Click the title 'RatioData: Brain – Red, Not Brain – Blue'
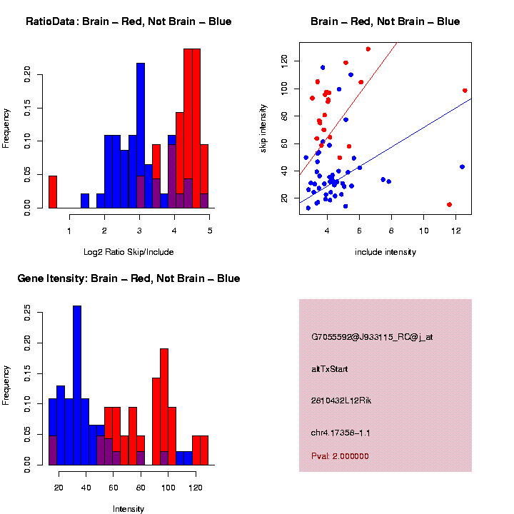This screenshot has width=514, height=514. pos(128,21)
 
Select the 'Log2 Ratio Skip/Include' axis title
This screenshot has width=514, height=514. pos(128,251)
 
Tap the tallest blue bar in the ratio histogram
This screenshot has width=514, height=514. pos(141,136)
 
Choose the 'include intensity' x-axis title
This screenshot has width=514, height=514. pos(385,251)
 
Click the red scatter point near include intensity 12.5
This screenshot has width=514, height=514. pos(465,91)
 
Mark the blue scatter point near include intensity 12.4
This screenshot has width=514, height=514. pos(462,166)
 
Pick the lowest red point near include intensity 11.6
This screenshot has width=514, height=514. pos(449,205)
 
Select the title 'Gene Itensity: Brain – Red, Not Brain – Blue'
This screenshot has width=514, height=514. pos(128,278)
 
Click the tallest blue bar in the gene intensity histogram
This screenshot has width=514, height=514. pos(77,385)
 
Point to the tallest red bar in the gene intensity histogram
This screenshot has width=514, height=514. pos(164,407)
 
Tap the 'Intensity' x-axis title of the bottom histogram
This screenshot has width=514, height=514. pos(128,509)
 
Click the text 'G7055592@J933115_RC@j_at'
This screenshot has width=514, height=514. pos(372,337)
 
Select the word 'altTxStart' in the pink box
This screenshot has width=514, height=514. pos(329,369)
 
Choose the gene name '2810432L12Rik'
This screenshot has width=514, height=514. pos(341,400)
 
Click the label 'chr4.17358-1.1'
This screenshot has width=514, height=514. pos(341,433)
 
